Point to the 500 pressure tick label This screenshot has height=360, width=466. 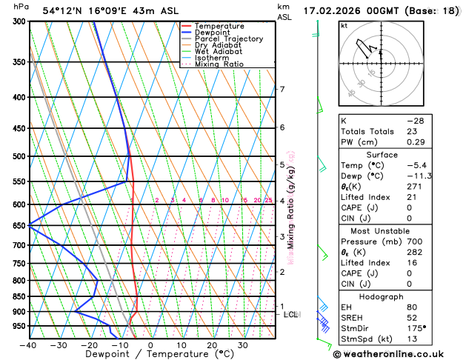click(17, 156)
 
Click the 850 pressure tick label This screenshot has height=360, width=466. click(17, 296)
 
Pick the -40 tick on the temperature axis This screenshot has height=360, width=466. click(28, 344)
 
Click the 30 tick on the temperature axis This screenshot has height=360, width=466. click(242, 344)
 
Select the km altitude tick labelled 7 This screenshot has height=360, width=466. click(282, 90)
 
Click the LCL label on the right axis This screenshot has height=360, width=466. click(291, 315)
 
